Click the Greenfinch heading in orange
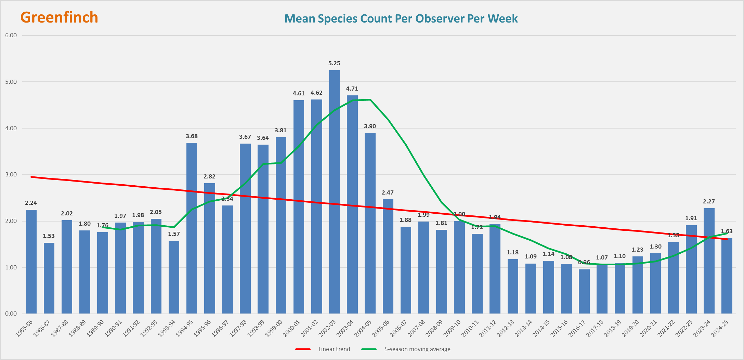59,17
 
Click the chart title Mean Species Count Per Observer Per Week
401,18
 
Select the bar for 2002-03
334,191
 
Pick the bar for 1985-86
31,262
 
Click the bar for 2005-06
388,256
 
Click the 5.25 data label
334,63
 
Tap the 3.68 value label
192,136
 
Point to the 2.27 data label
709,201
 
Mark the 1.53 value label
49,236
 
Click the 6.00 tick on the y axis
11,35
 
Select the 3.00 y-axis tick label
11,174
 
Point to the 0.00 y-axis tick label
11,314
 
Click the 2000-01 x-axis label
292,328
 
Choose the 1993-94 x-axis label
167,328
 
